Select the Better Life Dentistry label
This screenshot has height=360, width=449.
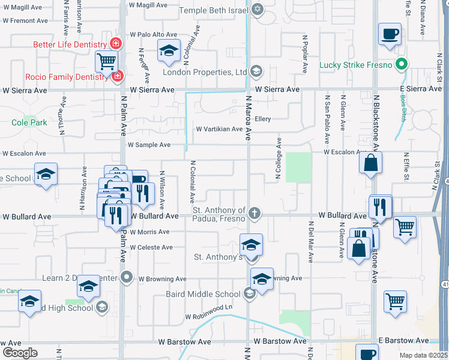pos(69,44)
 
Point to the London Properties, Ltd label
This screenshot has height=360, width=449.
pos(205,73)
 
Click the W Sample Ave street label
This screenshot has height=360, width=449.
pos(149,145)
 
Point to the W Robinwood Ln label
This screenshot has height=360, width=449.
pos(208,311)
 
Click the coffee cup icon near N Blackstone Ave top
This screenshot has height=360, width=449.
pos(389,34)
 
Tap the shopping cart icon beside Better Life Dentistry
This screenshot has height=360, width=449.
pos(106,61)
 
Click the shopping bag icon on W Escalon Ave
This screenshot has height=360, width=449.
pos(371,161)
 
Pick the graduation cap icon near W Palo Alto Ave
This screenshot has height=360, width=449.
pos(169,50)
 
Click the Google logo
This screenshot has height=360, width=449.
pos(20,353)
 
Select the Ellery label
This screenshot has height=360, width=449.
pos(263,119)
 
